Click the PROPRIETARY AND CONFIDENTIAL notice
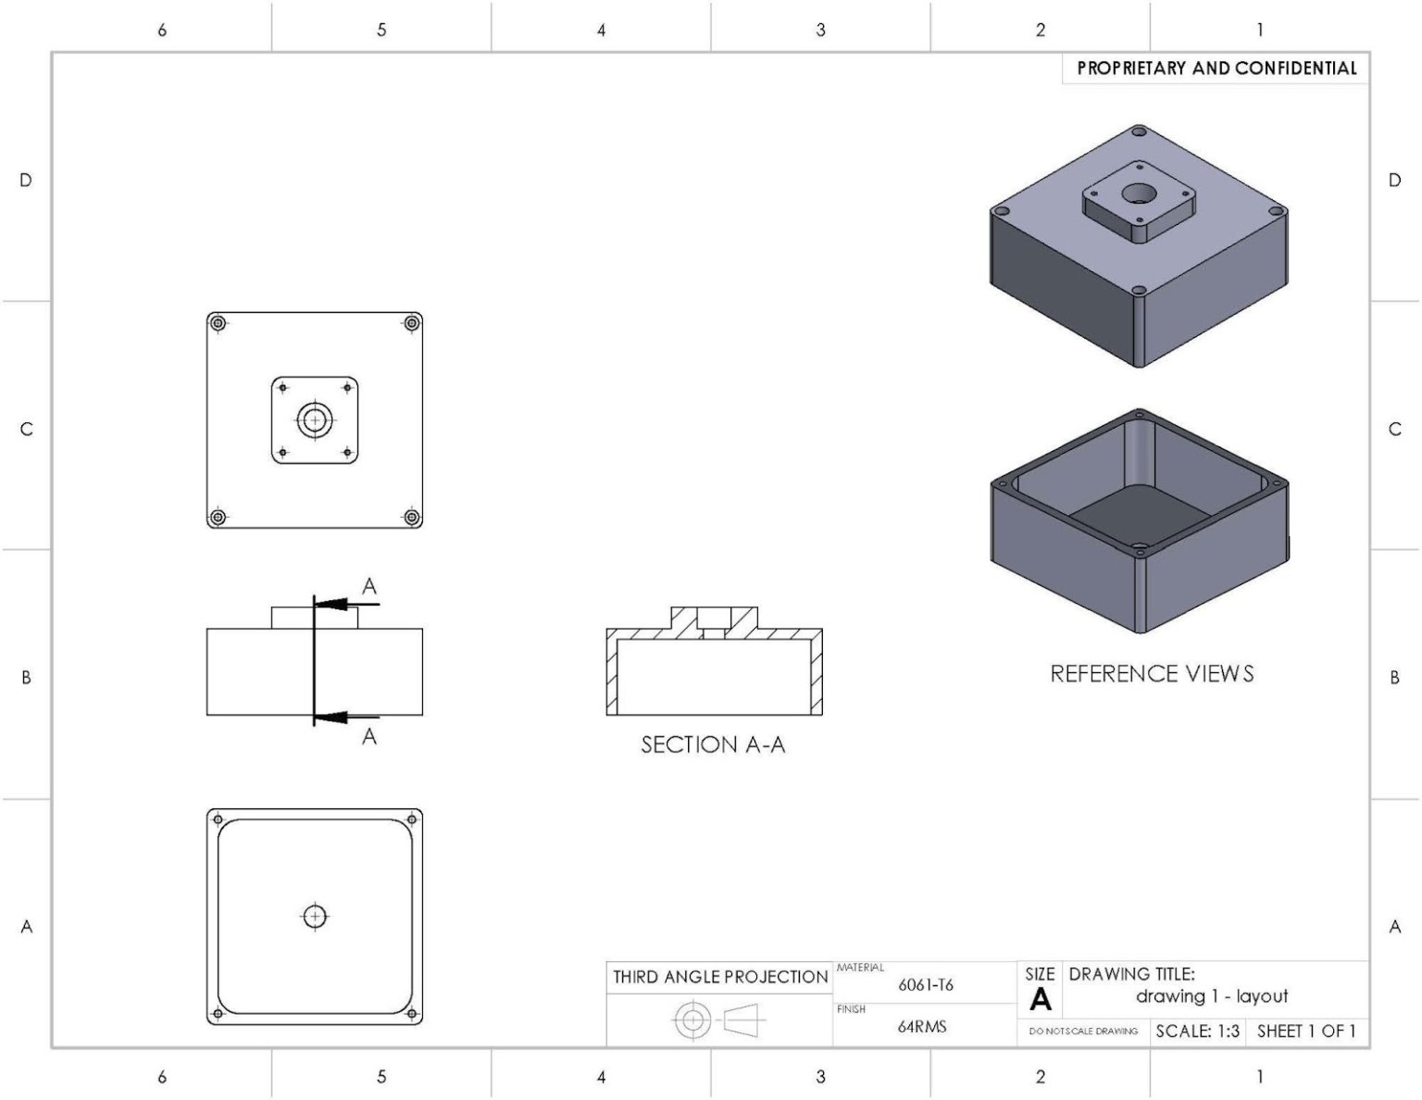pos(1216,69)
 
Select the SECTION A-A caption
pos(713,744)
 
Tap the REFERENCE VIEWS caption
pos(1152,673)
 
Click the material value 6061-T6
pos(925,985)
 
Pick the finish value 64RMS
pos(922,1027)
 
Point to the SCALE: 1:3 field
pos(1197,1031)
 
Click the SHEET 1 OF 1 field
pos(1306,1031)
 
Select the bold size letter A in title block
pos(1041,1000)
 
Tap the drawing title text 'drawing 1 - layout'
pos(1211,996)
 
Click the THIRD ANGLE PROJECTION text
pos(720,977)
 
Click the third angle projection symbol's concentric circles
pos(692,1021)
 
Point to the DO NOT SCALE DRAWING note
pos(1083,1031)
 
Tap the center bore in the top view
pos(315,420)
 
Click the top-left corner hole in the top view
pos(218,324)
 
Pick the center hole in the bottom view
pos(315,917)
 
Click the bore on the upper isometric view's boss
pos(1139,194)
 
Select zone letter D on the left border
pos(26,181)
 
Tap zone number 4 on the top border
pos(601,31)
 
